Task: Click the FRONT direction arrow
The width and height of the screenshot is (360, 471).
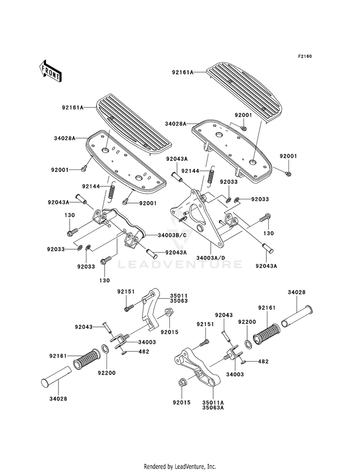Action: coord(50,71)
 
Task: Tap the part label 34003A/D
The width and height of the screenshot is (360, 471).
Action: coord(211,258)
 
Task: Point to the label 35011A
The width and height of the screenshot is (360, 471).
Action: coord(213,402)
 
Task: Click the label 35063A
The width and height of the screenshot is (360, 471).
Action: coord(213,408)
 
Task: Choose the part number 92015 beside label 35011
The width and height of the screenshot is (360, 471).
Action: coord(169,332)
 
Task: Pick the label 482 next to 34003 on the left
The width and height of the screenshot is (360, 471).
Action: coord(144,351)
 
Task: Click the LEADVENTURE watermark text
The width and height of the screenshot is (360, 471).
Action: coord(180,265)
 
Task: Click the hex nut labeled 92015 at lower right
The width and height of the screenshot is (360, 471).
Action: coord(181,383)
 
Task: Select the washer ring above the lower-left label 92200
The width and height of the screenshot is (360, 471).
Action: coord(106,349)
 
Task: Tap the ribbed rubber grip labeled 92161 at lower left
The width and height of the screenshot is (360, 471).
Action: coord(86,358)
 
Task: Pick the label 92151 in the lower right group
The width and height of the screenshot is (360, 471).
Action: coord(205,324)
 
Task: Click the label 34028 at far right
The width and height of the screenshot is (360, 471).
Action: coord(297,292)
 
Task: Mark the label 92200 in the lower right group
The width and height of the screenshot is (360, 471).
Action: coord(247,322)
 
